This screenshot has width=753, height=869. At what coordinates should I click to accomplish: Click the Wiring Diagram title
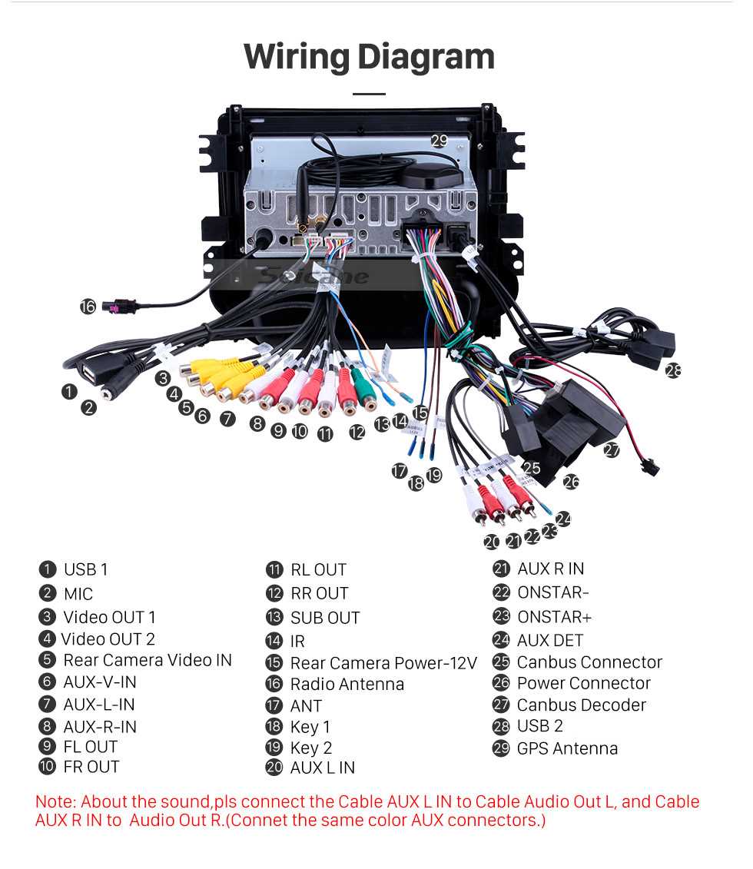(x=369, y=57)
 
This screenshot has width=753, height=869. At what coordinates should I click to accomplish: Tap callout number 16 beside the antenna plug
(x=88, y=307)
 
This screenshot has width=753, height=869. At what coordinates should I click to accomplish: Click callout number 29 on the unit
(x=439, y=141)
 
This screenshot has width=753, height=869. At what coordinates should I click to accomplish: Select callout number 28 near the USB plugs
(x=673, y=370)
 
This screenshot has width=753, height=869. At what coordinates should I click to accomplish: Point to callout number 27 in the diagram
(x=611, y=450)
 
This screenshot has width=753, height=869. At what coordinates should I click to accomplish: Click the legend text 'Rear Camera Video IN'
(x=147, y=660)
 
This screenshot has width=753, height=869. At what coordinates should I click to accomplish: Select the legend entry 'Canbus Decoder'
(x=581, y=705)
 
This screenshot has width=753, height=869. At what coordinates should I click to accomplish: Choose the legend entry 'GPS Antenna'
(x=567, y=748)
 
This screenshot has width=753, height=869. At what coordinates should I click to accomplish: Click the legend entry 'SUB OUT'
(x=324, y=618)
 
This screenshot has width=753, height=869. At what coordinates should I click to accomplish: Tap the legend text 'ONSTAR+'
(x=554, y=617)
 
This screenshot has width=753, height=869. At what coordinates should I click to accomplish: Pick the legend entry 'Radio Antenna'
(x=347, y=684)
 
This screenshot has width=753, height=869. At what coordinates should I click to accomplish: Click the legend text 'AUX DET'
(x=549, y=640)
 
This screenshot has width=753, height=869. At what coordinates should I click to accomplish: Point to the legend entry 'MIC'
(x=78, y=594)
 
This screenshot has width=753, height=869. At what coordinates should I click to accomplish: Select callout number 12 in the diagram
(x=357, y=432)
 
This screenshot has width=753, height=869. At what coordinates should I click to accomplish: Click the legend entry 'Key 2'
(x=310, y=748)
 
